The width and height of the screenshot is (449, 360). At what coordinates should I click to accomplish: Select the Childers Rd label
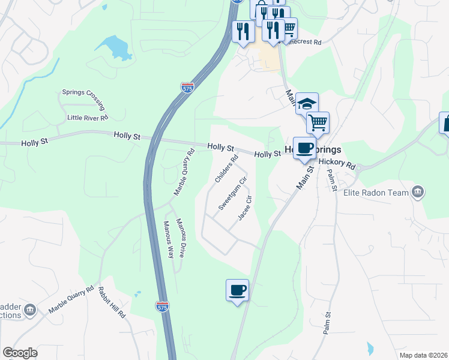[x=227, y=169]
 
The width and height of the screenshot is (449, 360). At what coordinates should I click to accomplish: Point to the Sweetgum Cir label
[x=233, y=193]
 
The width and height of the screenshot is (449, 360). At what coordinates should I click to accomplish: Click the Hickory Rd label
[x=337, y=162]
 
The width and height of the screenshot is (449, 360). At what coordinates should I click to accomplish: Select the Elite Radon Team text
[x=376, y=193]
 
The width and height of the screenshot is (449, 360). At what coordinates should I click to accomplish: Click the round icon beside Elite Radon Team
[x=418, y=193]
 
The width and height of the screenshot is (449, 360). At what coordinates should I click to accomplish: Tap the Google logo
[x=20, y=353]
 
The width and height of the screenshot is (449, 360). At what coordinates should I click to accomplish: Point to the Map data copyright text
[x=423, y=355]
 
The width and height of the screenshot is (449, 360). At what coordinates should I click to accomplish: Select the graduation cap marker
[x=307, y=103]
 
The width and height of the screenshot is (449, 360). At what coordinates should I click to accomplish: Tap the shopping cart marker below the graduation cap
[x=318, y=122]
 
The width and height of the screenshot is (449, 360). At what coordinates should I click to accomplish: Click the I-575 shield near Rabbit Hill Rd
[x=161, y=306]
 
